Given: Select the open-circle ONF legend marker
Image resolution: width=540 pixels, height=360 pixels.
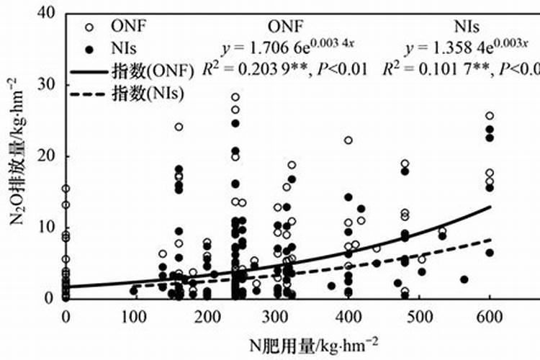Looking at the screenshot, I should (x=89, y=27).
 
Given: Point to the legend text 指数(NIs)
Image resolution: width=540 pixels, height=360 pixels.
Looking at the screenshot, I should (x=148, y=93).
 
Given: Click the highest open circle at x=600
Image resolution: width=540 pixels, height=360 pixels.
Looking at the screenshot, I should (x=490, y=116).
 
